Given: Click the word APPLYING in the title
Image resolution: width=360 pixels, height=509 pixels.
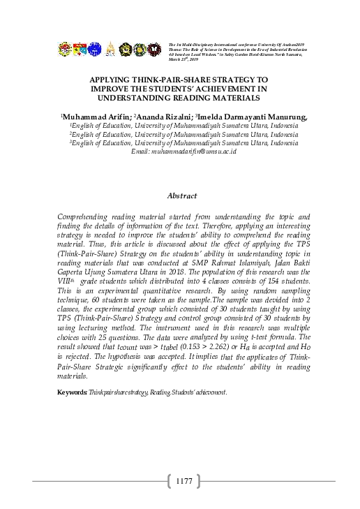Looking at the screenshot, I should pos(112,80).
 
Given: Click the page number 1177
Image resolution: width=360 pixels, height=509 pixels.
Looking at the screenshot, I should pos(184,481).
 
